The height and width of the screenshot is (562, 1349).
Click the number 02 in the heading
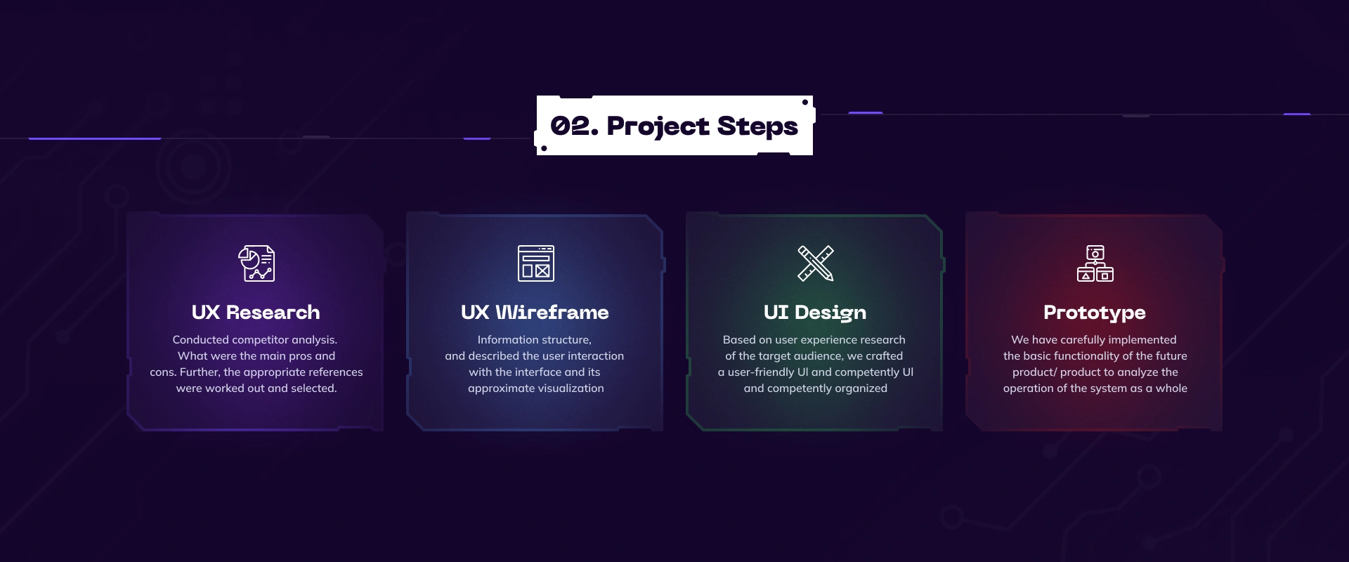point(570,126)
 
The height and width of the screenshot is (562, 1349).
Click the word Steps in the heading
point(757,126)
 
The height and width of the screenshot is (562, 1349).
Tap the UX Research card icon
point(256,263)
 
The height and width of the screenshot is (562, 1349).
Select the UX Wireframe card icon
point(536,263)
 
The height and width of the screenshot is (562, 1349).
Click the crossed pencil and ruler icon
point(816,263)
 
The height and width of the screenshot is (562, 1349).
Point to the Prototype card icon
point(1095,263)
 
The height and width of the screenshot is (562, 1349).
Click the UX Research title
point(256,312)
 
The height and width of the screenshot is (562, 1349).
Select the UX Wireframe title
point(535,312)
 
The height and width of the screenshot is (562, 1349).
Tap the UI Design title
point(815,313)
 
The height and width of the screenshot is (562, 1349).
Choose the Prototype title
point(1095,313)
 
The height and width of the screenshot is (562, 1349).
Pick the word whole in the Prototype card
point(1171,388)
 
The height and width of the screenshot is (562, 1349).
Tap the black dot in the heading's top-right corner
point(805,103)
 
